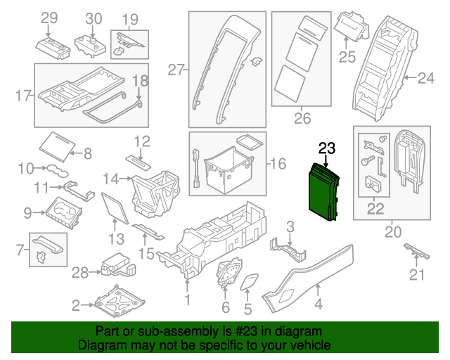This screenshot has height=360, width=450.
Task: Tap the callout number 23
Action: click(x=328, y=148)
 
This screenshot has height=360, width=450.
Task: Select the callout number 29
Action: click(x=49, y=18)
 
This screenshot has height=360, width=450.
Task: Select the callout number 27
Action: click(x=176, y=69)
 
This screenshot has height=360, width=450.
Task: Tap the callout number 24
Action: click(x=427, y=79)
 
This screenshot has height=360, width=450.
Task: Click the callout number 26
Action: click(x=302, y=117)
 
